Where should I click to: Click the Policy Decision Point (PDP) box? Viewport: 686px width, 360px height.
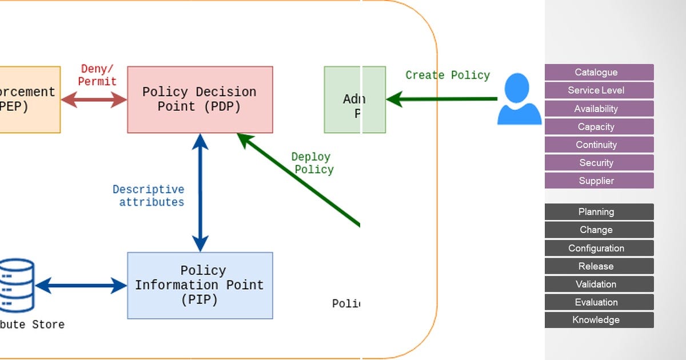[200, 99]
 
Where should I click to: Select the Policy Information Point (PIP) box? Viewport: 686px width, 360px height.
[200, 285]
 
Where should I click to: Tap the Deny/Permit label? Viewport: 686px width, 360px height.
[97, 75]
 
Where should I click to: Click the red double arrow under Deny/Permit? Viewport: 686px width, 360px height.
[94, 100]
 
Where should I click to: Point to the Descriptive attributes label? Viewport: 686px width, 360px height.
[149, 195]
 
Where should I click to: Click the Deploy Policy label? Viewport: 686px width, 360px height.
[312, 163]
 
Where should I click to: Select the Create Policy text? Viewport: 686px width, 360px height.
[448, 75]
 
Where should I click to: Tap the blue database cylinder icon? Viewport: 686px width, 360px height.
[16, 285]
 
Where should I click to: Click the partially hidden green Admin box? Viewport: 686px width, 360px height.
[354, 100]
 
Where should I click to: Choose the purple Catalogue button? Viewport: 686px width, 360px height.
[599, 72]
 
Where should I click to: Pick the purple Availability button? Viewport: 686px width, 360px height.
[599, 109]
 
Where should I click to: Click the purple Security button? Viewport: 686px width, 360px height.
[599, 163]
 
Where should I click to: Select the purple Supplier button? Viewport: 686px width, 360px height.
[599, 181]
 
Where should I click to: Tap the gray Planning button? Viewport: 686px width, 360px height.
[599, 212]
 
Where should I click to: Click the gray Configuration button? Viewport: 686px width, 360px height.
[599, 248]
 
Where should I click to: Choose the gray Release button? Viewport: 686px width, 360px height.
[599, 266]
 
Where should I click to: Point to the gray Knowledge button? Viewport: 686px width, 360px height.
[599, 320]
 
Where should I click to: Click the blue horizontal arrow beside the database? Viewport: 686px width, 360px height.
[81, 285]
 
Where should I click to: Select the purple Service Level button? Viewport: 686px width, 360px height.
[599, 90]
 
